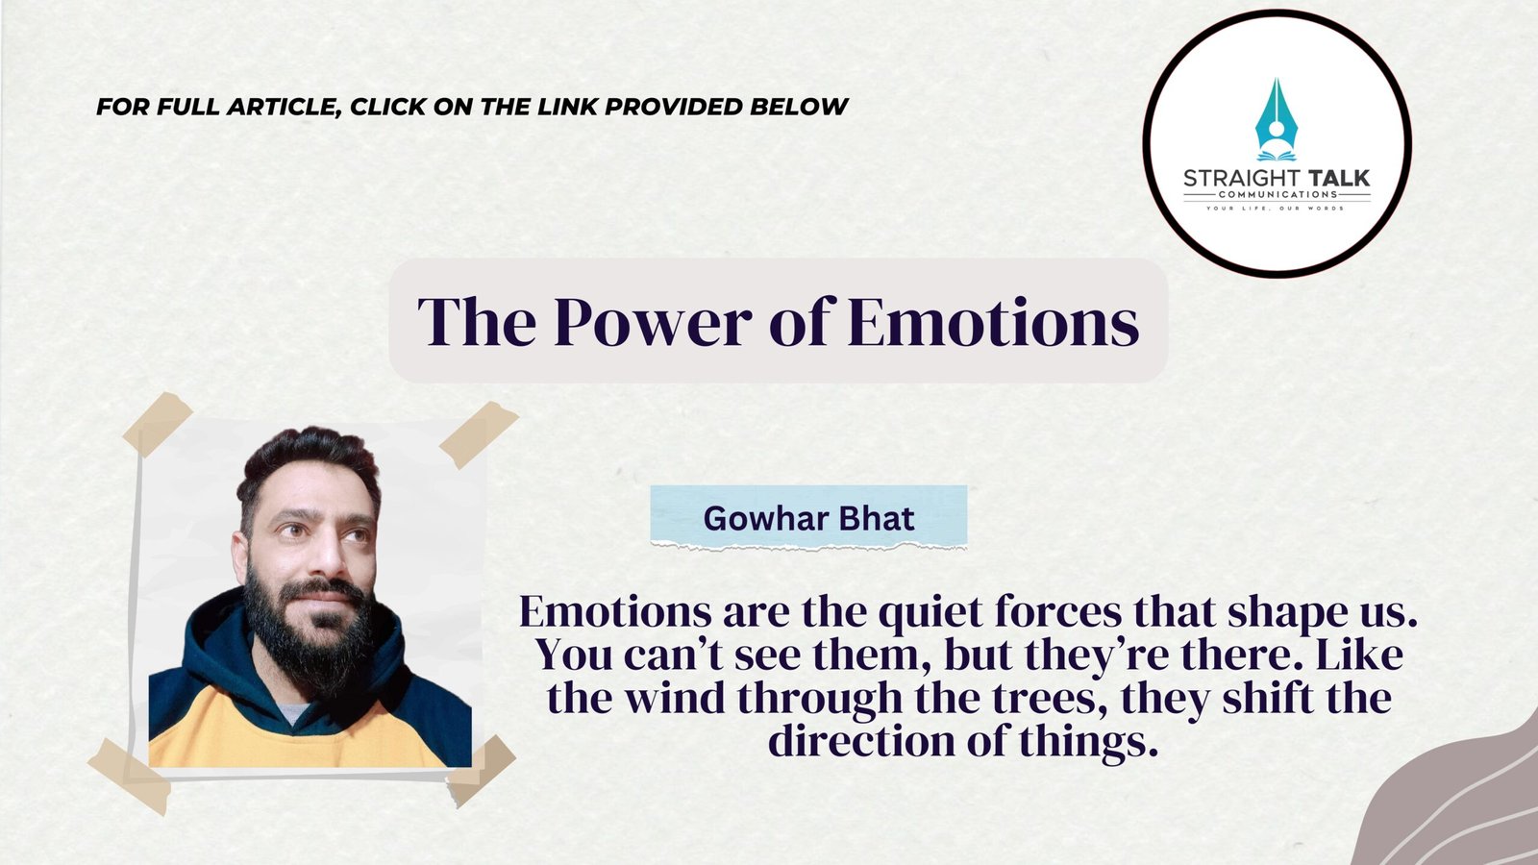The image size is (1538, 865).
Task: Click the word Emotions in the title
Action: tap(994, 322)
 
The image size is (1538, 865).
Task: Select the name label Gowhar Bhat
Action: tap(808, 518)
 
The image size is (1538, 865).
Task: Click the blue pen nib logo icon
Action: tap(1277, 119)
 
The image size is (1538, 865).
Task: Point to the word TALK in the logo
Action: tap(1339, 179)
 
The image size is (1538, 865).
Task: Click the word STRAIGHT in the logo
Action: tap(1242, 179)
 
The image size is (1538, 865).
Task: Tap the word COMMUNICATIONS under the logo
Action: tap(1278, 194)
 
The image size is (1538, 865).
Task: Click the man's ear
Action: tap(239, 557)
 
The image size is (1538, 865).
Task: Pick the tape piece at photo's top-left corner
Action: tap(158, 424)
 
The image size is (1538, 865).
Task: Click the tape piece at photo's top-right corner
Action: tap(479, 434)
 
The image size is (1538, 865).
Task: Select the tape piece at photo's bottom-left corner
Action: tap(130, 777)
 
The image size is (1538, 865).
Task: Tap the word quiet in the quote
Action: tap(930, 613)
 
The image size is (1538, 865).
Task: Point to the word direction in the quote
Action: tap(861, 741)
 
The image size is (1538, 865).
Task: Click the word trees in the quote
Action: tap(1053, 700)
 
